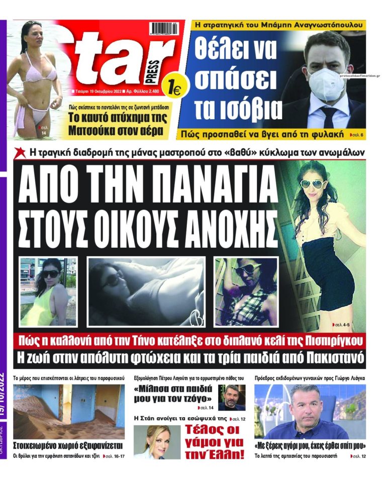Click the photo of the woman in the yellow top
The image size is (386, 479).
coord(48,292)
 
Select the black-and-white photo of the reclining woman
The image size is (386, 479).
coord(146,292)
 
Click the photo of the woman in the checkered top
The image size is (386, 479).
coord(246,292)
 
